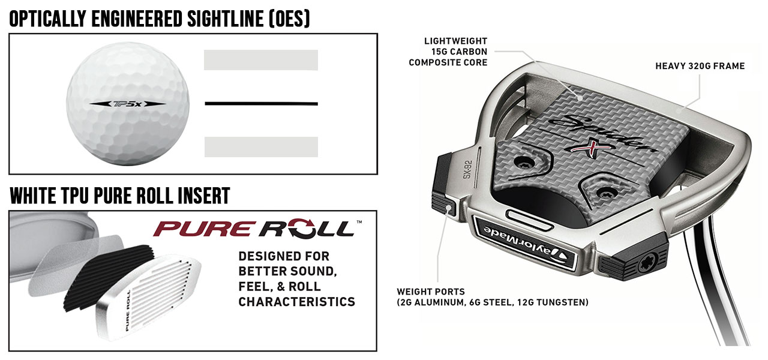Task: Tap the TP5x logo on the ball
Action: [128, 103]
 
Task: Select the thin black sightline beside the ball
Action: [261, 104]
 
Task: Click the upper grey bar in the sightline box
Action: [261, 60]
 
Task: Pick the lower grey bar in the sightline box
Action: [261, 147]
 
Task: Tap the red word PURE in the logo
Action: [205, 229]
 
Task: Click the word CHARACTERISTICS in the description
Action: [296, 302]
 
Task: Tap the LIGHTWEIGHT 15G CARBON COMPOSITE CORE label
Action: [448, 51]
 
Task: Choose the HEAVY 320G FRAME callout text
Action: [700, 66]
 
